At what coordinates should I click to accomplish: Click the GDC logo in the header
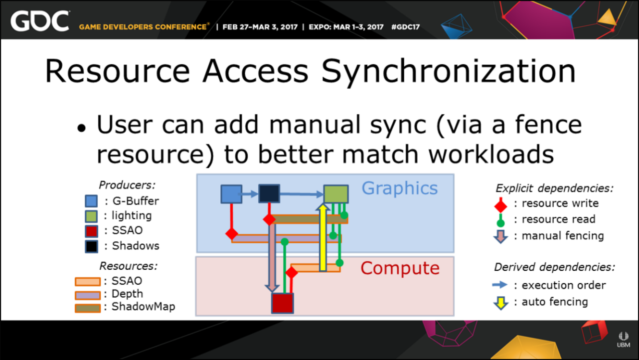[40, 21]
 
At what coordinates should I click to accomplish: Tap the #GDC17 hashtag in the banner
[405, 27]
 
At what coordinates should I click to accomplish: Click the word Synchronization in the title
[449, 72]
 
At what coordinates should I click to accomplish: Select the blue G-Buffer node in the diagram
[231, 194]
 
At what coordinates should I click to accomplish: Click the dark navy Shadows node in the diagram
[269, 193]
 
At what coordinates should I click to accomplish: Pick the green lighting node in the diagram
[336, 194]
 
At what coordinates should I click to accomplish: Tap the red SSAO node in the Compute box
[283, 303]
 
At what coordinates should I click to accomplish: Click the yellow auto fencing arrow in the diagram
[322, 237]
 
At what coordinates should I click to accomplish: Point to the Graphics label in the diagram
[400, 188]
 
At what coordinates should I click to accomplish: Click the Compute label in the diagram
[400, 268]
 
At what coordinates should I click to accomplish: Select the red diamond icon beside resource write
[500, 205]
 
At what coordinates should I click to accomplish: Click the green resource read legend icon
[500, 220]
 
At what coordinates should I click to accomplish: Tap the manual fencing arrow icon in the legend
[500, 236]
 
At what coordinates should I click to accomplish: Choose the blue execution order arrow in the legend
[500, 285]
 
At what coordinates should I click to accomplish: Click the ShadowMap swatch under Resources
[88, 308]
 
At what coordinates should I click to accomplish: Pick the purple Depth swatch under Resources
[88, 295]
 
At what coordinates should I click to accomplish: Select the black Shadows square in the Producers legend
[91, 246]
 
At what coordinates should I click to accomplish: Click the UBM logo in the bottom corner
[624, 340]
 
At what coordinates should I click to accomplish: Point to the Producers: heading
[127, 185]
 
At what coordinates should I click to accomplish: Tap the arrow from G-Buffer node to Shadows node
[250, 194]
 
